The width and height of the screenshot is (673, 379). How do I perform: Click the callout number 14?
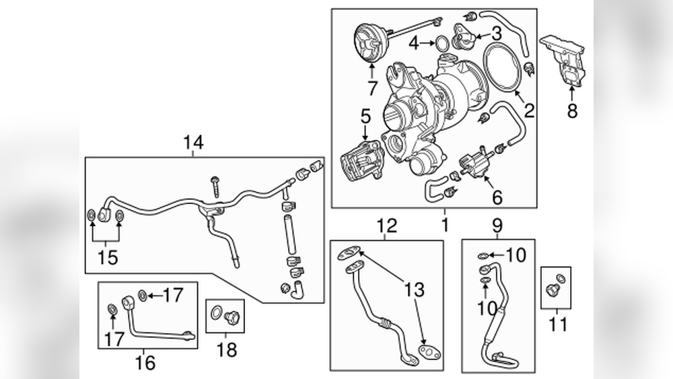tap(193, 143)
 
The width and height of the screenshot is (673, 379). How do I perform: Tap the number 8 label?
tap(572, 111)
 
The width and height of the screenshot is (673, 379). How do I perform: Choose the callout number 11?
tap(557, 325)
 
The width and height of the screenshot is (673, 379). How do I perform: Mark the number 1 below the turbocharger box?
tap(445, 224)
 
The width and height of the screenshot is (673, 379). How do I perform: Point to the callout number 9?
tap(497, 226)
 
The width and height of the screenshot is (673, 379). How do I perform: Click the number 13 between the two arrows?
tap(415, 291)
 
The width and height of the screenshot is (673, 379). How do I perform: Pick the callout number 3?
tap(497, 32)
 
